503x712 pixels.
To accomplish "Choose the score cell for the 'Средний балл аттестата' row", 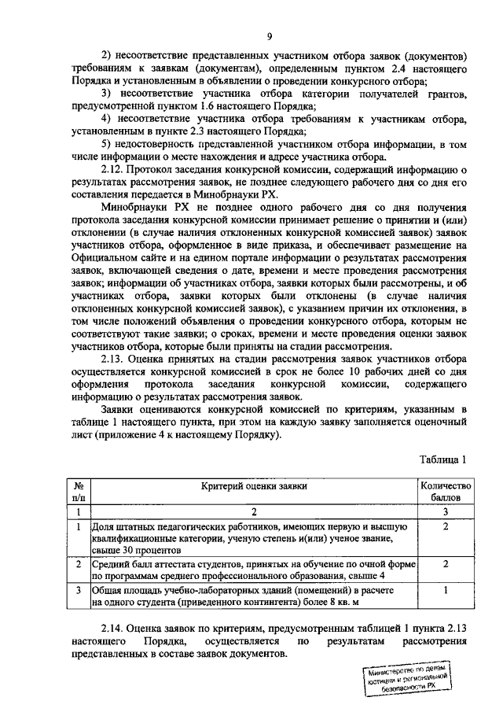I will pos(445,565).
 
